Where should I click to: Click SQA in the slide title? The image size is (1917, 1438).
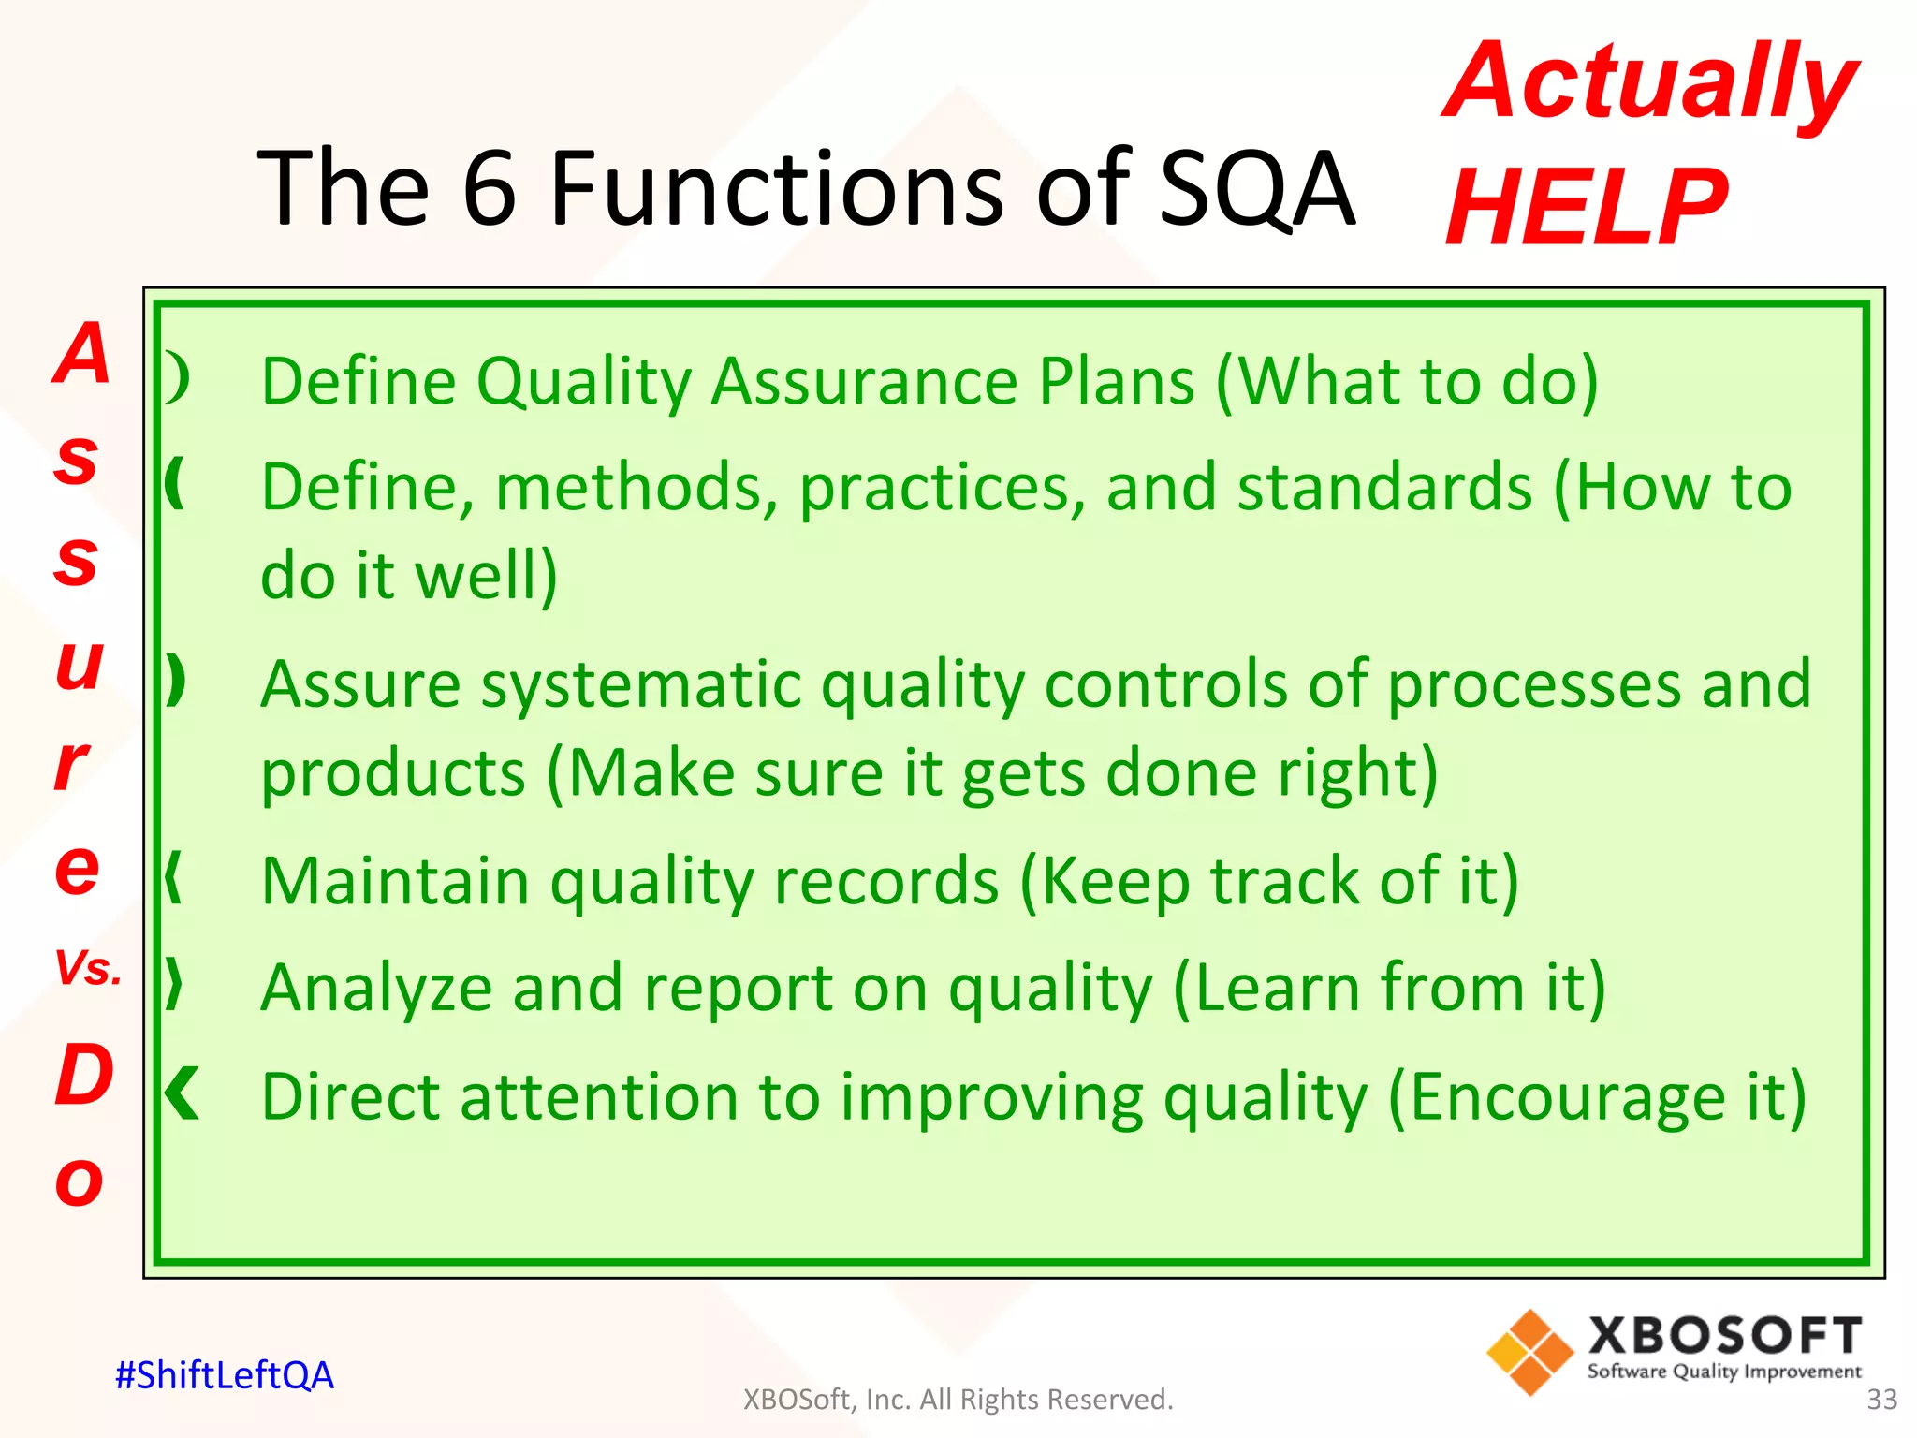click(1256, 189)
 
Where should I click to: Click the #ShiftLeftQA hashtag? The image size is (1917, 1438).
click(224, 1375)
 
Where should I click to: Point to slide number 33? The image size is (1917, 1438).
click(1881, 1399)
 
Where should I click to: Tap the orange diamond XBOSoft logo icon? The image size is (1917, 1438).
click(1529, 1352)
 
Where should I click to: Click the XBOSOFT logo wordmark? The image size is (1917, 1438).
click(1724, 1336)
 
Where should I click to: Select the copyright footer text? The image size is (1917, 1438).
click(958, 1399)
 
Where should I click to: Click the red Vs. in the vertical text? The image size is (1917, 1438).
click(88, 968)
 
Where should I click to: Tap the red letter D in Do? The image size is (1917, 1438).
click(84, 1075)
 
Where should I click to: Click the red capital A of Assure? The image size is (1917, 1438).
click(82, 354)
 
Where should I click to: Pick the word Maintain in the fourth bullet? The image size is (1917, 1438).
click(396, 882)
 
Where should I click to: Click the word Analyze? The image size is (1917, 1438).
click(376, 989)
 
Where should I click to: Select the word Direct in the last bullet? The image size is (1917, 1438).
click(350, 1096)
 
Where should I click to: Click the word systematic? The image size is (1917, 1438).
click(641, 684)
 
